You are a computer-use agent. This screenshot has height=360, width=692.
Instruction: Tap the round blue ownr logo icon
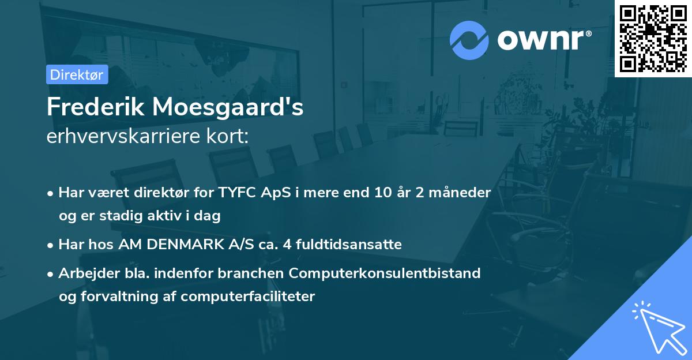pyautogui.click(x=469, y=40)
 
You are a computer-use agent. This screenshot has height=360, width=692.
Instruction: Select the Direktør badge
pyautogui.click(x=77, y=74)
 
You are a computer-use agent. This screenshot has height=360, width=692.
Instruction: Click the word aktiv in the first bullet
pyautogui.click(x=167, y=216)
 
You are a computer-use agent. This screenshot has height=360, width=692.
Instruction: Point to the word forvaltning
pyautogui.click(x=115, y=297)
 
